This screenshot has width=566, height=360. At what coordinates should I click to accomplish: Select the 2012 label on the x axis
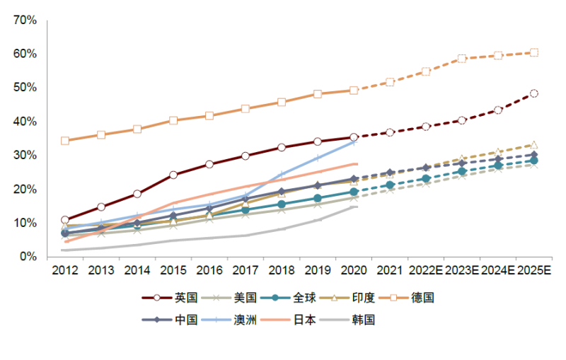coord(64,270)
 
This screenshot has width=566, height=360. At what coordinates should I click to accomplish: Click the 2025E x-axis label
coord(535,270)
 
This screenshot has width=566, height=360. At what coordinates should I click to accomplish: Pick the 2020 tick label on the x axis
coord(354,270)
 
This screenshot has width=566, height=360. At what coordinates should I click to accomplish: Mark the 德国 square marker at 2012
coord(65,141)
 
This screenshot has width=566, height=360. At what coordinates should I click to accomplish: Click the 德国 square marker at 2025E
coord(534,52)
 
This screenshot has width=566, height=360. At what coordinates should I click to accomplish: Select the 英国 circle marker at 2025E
coord(534,93)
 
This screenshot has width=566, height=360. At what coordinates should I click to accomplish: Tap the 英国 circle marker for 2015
coord(173,175)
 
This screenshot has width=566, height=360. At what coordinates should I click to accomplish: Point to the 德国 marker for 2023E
coord(462,59)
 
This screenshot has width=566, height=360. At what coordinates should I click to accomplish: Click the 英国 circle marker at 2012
coord(65,220)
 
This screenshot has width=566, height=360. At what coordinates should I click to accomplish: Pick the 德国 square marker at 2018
coord(282,102)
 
